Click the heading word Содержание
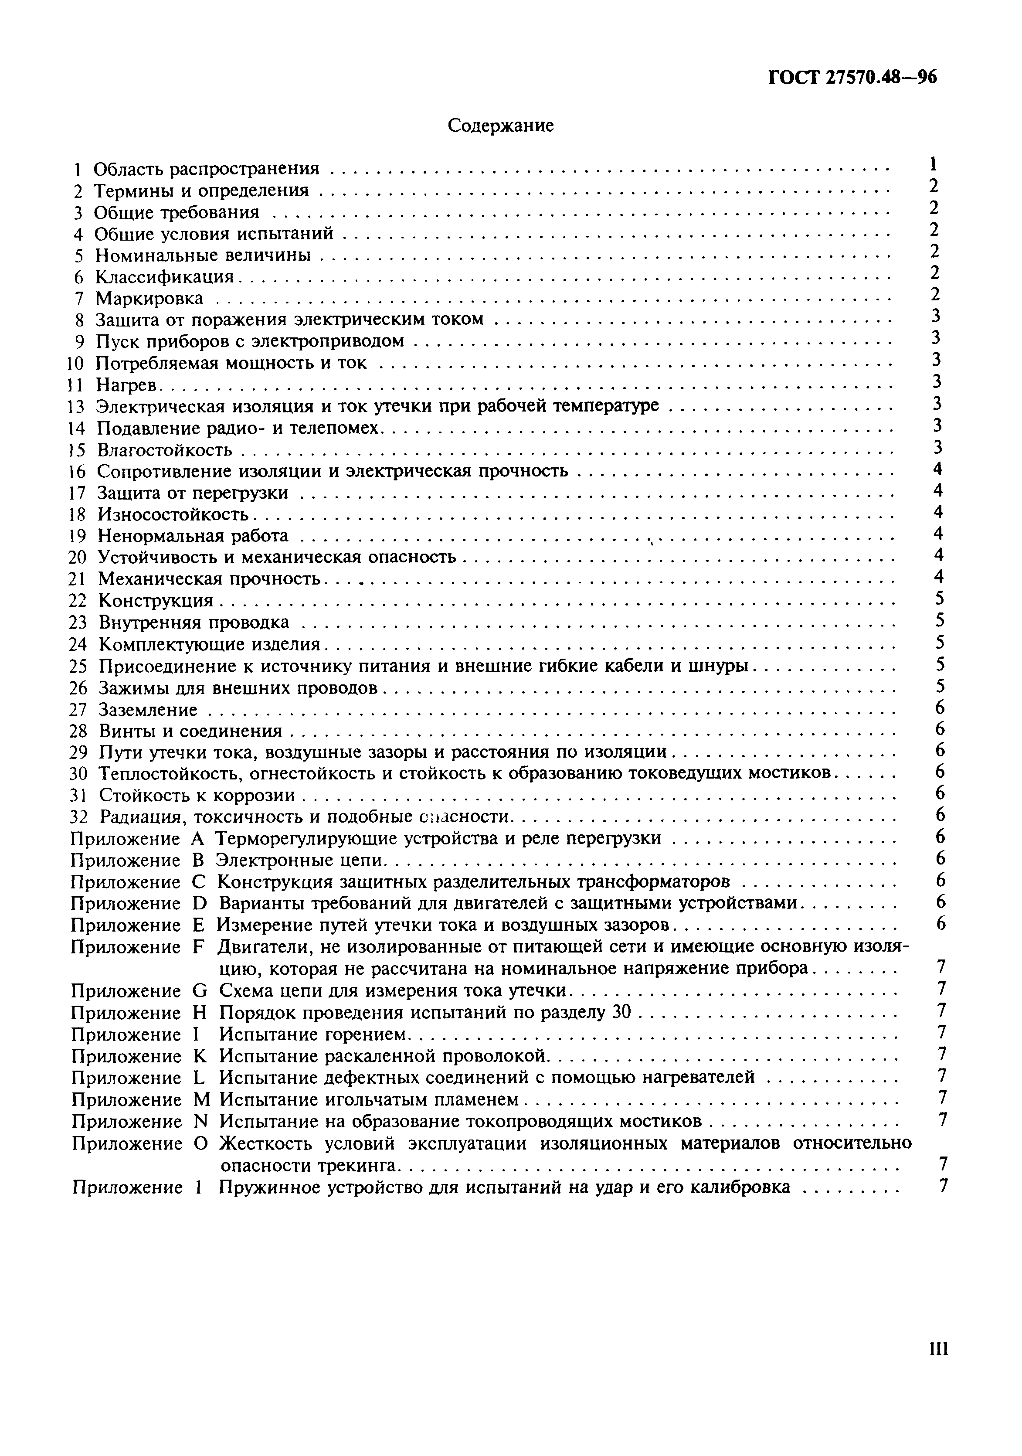pyautogui.click(x=500, y=126)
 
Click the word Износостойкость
pyautogui.click(x=173, y=514)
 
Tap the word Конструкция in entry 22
pyautogui.click(x=156, y=601)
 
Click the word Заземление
pyautogui.click(x=148, y=710)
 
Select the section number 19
pyautogui.click(x=77, y=536)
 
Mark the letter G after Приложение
pyautogui.click(x=199, y=990)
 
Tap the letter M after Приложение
pyautogui.click(x=200, y=1099)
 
